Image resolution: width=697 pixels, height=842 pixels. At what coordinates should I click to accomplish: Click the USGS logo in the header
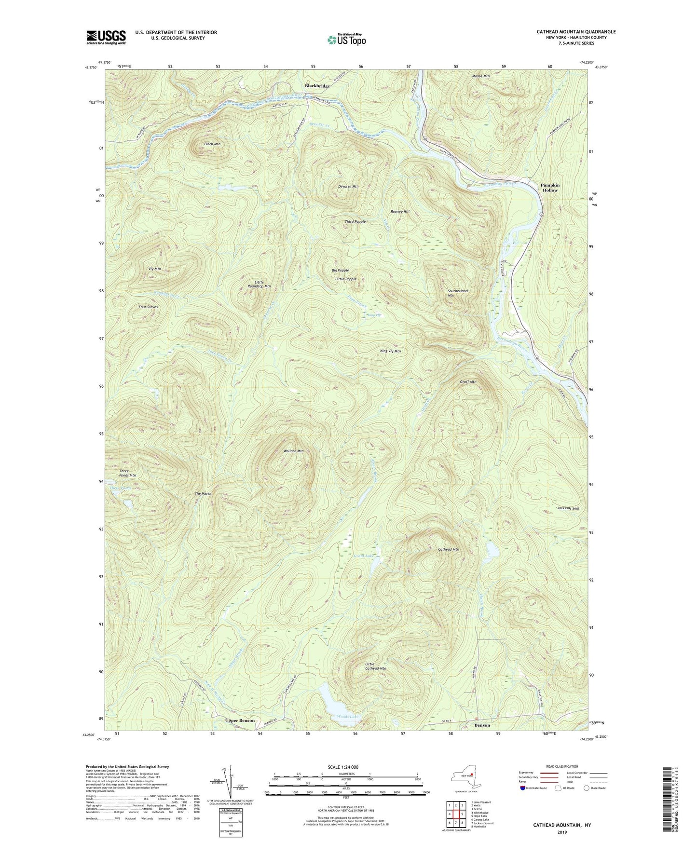pos(106,37)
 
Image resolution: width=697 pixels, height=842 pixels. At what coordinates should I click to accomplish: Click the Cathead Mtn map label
pos(448,549)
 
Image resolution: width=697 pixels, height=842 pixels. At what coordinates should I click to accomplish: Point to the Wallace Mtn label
pos(293,451)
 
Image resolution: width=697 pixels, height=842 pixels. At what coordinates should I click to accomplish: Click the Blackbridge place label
pos(317,86)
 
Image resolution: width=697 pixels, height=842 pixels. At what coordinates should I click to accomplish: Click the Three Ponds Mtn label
pos(127,473)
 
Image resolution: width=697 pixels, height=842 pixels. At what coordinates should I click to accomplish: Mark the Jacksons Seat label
pos(569,508)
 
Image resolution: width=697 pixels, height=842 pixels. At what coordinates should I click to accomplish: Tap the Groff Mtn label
pos(468,381)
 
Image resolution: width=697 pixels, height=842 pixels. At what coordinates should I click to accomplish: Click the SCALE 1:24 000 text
pos(346,767)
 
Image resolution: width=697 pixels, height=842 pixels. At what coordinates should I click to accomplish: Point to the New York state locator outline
pos(466,777)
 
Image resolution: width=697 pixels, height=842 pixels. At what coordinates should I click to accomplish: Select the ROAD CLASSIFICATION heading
pos(562,766)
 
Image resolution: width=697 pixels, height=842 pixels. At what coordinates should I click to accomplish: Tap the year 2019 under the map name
pos(562,832)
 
